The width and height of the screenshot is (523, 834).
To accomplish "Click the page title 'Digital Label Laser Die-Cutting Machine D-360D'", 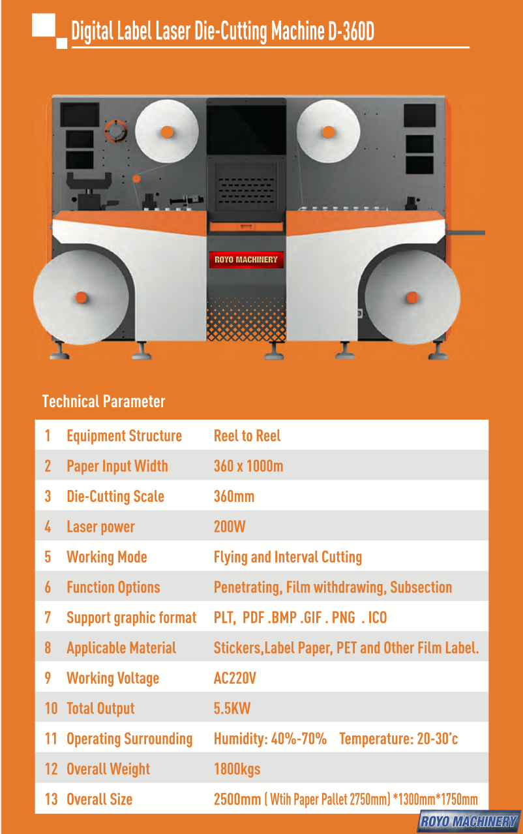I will (x=222, y=31).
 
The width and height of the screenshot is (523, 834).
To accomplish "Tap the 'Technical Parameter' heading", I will (x=104, y=401).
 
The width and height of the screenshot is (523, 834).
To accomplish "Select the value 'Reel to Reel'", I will (x=247, y=436).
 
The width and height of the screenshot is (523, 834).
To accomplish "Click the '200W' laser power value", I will (x=230, y=527).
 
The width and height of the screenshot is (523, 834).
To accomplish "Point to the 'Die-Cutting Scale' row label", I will (x=115, y=497).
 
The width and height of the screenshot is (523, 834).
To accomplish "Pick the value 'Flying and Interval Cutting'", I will (x=288, y=557).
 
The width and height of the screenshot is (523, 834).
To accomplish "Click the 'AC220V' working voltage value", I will (x=235, y=679).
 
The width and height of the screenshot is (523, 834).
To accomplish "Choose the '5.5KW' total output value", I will (x=232, y=709).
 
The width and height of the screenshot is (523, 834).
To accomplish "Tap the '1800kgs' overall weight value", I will (x=237, y=769).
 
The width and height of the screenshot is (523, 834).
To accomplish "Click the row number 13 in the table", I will (x=52, y=799).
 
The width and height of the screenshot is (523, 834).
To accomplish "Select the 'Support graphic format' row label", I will (x=131, y=618).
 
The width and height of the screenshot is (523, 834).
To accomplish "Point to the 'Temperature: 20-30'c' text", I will (x=398, y=739).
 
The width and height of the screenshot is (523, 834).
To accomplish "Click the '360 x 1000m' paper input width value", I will (x=248, y=467).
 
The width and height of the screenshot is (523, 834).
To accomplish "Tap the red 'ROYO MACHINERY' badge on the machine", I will (x=247, y=260).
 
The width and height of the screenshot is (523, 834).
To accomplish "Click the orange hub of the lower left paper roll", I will (x=82, y=298).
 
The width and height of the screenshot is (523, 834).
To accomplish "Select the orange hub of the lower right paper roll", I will (x=412, y=298).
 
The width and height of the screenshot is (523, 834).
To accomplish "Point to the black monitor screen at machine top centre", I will (x=247, y=127).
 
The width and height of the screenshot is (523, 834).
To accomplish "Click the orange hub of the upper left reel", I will (x=167, y=132).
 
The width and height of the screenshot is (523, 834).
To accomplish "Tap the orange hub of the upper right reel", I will (x=329, y=132).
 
